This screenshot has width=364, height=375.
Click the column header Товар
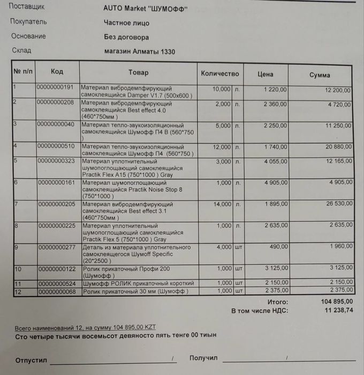[138, 72]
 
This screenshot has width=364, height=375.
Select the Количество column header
[219, 73]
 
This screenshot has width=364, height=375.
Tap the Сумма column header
[320, 75]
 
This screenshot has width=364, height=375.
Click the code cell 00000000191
[56, 87]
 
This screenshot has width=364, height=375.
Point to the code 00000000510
[56, 145]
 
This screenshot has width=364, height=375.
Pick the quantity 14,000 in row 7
[222, 204]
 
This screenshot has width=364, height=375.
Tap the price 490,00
[278, 247]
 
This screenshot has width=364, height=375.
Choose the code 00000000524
[56, 283]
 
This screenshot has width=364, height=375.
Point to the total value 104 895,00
[337, 302]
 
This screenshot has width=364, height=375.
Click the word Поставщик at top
[27, 8]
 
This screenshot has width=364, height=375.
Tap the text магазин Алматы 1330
[140, 52]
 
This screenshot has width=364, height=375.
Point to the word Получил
[203, 358]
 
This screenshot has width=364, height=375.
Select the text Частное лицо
[127, 23]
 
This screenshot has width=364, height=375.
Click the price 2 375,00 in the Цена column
[275, 291]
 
